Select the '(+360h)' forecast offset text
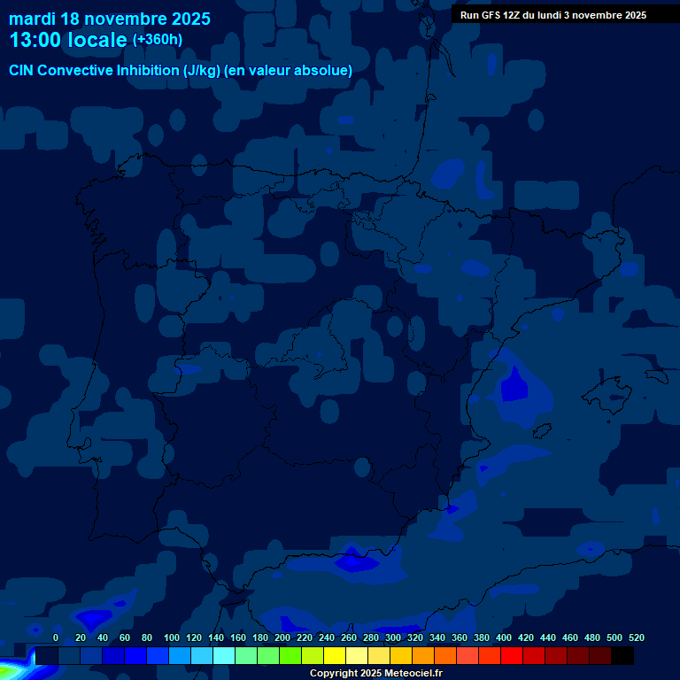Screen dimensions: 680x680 [158, 40]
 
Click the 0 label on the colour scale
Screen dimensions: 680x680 [56, 637]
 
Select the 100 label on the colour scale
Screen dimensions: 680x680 [172, 637]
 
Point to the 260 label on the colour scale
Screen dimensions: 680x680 [349, 637]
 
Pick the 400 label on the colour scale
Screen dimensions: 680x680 [504, 637]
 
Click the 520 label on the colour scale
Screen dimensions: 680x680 [637, 637]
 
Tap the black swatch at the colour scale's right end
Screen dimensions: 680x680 [622, 655]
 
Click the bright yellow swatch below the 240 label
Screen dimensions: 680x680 [334, 655]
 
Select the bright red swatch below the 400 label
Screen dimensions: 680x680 [511, 655]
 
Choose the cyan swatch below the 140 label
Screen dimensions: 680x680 [223, 655]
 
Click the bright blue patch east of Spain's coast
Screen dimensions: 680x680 [513, 387]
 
